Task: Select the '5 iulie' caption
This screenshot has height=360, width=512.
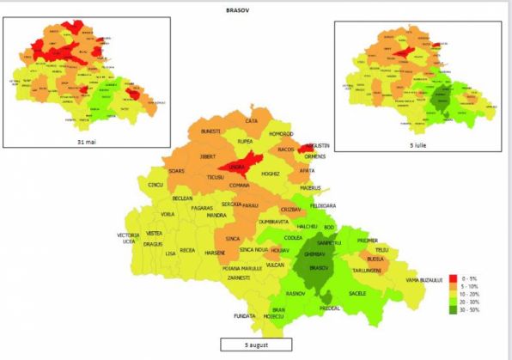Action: (x=418, y=146)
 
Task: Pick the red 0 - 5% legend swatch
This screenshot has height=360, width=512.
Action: (x=453, y=278)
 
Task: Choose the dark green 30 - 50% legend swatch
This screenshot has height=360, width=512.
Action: (x=453, y=309)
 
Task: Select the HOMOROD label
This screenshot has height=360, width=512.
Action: (x=280, y=134)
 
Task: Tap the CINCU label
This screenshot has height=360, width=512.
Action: (x=155, y=185)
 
